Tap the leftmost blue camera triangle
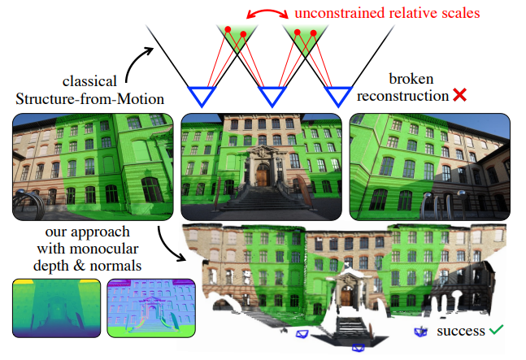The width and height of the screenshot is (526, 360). pos(198,96)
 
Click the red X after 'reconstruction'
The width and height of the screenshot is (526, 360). pos(459,95)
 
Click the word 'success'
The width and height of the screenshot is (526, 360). pos(460,332)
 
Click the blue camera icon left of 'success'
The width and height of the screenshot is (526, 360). pos(420,332)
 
